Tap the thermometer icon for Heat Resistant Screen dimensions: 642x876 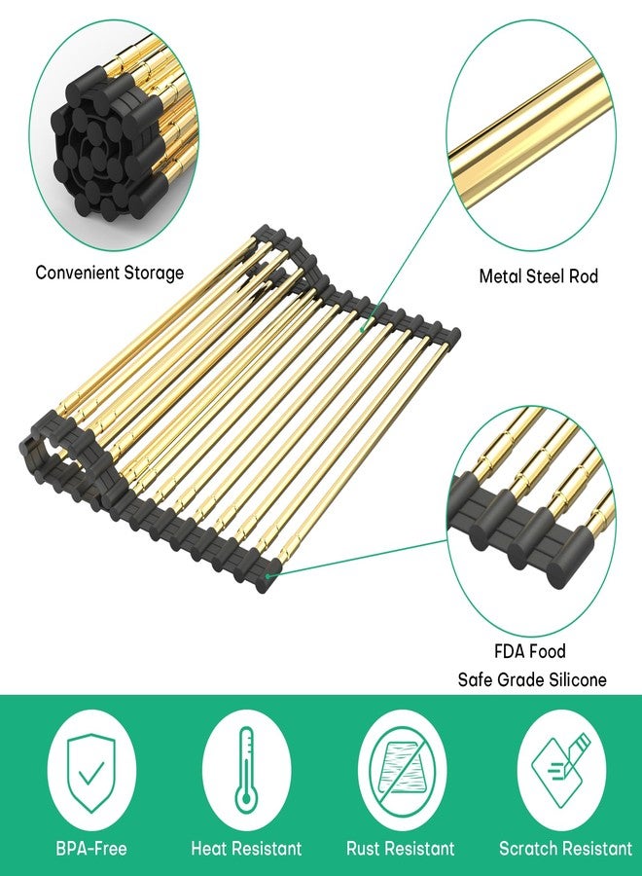pyautogui.click(x=245, y=770)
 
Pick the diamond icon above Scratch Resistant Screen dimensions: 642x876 pyautogui.click(x=561, y=770)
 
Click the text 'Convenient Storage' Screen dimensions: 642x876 pyautogui.click(x=109, y=273)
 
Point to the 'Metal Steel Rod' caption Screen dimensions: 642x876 pyautogui.click(x=539, y=276)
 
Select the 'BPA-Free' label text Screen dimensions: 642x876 pyautogui.click(x=91, y=848)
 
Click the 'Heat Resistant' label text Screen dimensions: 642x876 pyautogui.click(x=246, y=848)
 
